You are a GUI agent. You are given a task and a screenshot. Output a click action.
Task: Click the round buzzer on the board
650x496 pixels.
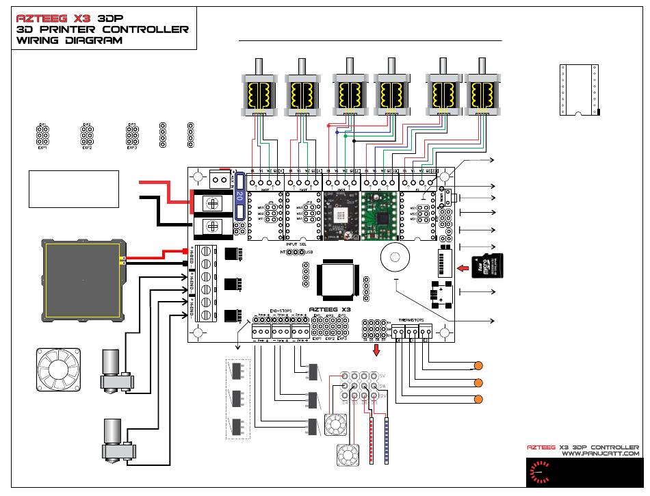395,255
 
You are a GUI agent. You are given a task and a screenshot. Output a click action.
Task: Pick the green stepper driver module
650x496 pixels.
379,215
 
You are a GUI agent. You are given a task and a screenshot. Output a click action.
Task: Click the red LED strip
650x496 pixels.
370,439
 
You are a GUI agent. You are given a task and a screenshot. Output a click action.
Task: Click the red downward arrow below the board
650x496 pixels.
376,351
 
